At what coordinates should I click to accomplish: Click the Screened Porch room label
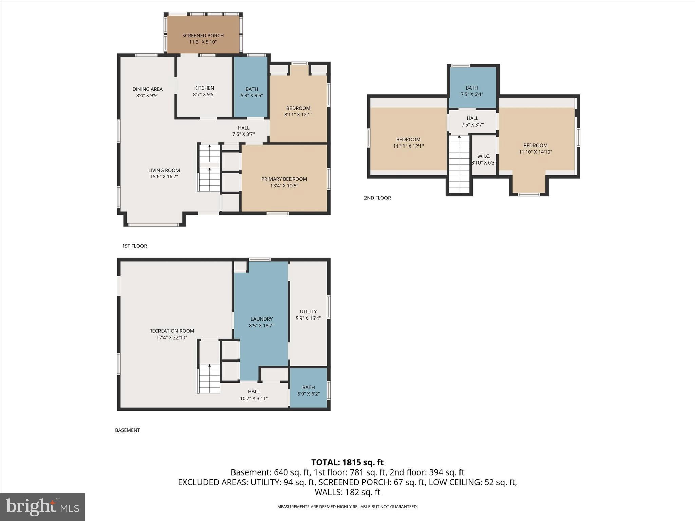pos(203,36)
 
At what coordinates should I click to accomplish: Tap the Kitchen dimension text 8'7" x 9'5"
pos(204,95)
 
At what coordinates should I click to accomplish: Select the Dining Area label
pos(147,89)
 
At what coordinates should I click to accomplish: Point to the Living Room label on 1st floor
pos(164,170)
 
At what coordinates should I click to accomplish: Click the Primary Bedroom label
pos(284,179)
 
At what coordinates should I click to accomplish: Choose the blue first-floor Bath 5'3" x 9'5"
pos(251,92)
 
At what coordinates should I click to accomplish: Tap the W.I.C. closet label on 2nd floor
pos(484,156)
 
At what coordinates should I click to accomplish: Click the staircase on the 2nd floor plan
pos(459,165)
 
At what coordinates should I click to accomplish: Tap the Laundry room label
pos(261,319)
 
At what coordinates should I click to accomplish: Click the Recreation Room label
pos(172,331)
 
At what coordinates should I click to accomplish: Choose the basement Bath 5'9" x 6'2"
pos(308,390)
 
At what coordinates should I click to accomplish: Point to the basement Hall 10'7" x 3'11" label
pos(253,395)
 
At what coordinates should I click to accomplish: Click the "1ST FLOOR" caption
pos(134,246)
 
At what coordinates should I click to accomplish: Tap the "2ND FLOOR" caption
pos(377,198)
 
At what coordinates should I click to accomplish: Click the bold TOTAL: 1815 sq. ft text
pos(347,462)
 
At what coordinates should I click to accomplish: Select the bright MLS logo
pos(42,507)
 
